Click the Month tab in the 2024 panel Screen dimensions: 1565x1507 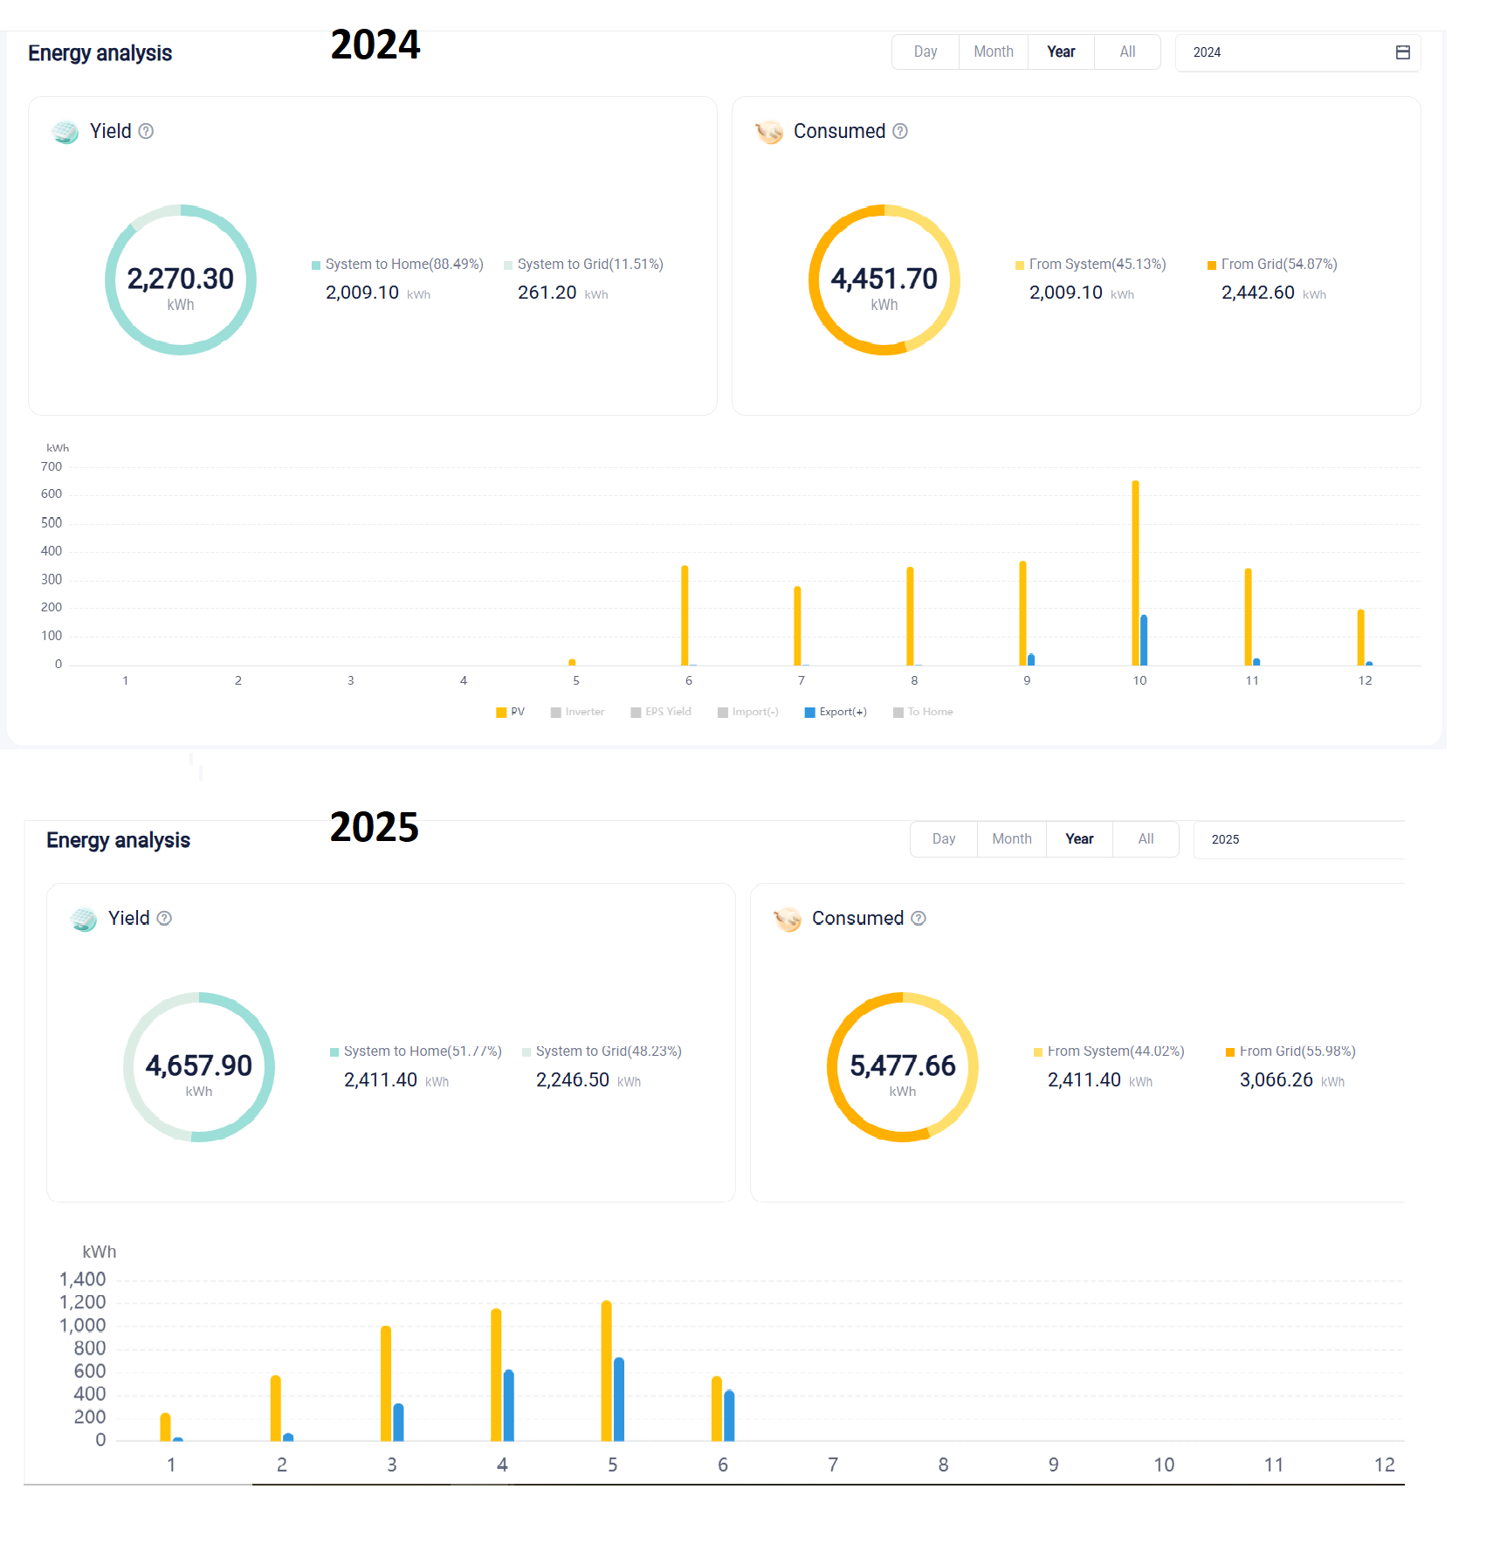point(993,52)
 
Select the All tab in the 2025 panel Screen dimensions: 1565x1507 point(1146,839)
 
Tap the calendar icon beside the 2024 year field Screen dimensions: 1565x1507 point(1402,52)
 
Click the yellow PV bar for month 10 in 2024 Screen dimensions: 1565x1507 point(1135,573)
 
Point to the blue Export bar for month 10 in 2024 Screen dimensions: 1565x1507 point(1144,640)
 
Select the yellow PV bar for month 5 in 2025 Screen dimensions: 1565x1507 point(606,1371)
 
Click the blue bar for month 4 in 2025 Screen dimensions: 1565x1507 point(508,1406)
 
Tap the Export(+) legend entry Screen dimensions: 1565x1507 point(836,712)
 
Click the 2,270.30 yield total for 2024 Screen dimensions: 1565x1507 point(181,279)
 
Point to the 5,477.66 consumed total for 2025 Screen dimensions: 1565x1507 point(902,1065)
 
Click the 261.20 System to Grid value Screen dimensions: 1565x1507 point(547,293)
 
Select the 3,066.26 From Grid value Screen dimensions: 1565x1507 point(1276,1080)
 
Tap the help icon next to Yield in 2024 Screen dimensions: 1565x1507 point(147,131)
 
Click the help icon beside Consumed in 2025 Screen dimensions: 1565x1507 point(919,918)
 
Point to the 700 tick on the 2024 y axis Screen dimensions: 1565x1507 point(52,467)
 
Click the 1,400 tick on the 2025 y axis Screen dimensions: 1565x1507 point(82,1279)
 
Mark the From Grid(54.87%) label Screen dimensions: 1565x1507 point(1278,264)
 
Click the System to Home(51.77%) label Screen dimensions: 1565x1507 point(422,1051)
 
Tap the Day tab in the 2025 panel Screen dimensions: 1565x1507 point(943,839)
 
